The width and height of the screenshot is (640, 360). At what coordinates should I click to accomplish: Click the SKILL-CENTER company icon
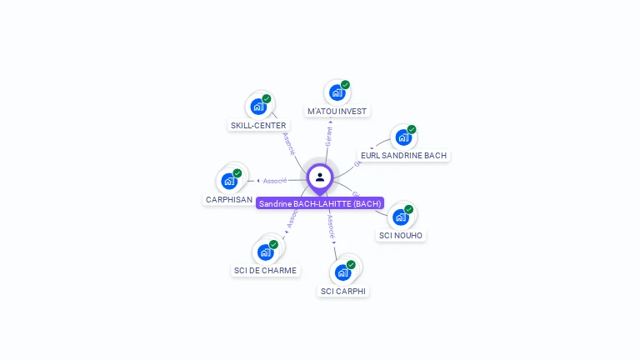(x=258, y=107)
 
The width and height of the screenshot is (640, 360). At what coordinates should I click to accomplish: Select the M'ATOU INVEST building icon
(x=337, y=92)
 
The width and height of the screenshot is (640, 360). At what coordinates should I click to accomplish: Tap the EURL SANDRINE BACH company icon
(x=403, y=137)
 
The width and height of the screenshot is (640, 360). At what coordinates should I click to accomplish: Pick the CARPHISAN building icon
(x=229, y=181)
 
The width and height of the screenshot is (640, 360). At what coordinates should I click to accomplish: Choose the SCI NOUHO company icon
(x=401, y=217)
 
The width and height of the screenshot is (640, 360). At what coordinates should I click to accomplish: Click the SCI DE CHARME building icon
(x=265, y=252)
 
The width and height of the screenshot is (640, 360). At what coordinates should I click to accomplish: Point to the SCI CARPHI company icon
(x=342, y=272)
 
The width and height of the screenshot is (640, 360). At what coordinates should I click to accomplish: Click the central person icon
(x=320, y=177)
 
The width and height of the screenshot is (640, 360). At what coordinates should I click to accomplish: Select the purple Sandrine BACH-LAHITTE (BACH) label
(x=320, y=203)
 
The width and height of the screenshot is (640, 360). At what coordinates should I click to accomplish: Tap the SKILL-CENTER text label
(x=258, y=126)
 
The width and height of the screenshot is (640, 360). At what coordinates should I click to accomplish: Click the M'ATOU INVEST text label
(x=337, y=112)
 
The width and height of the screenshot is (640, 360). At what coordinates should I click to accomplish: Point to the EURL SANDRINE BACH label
(x=403, y=156)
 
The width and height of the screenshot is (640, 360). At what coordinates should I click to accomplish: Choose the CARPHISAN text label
(x=228, y=200)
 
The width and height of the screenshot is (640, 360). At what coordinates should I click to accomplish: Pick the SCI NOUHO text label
(x=401, y=236)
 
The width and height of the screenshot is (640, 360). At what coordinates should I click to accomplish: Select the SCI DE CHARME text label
(x=265, y=271)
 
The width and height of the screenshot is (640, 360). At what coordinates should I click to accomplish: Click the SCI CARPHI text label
(x=343, y=291)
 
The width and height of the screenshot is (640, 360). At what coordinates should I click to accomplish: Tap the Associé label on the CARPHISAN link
(x=275, y=181)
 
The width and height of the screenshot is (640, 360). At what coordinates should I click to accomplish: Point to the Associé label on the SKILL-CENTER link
(x=289, y=143)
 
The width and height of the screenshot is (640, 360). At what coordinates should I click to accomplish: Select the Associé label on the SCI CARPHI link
(x=331, y=226)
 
